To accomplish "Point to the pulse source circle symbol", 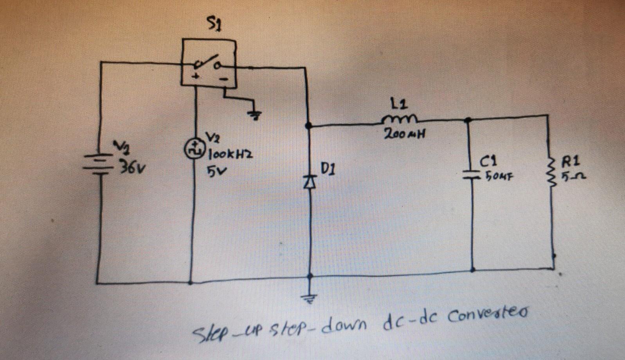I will pos(192,149).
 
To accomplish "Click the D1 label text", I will pos(327,169).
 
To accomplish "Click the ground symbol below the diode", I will pos(310,299).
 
